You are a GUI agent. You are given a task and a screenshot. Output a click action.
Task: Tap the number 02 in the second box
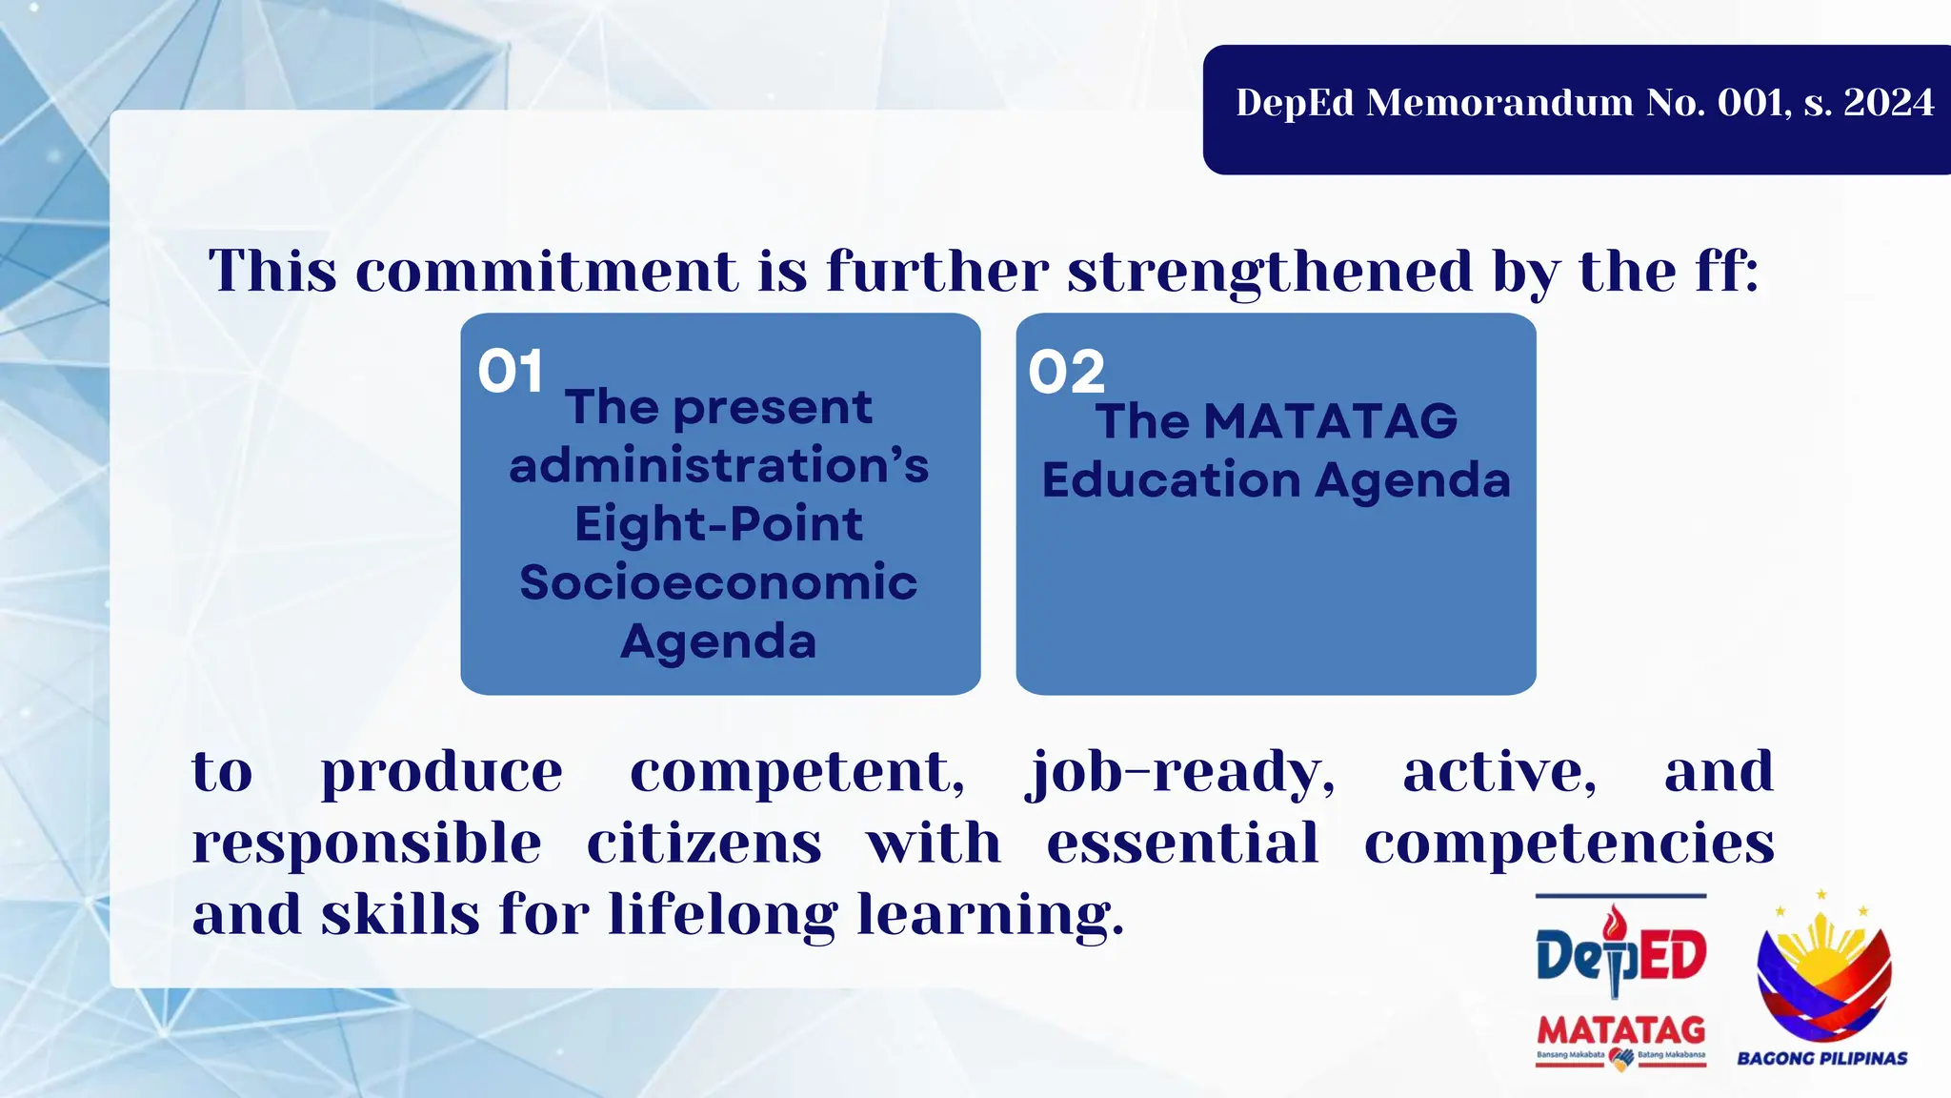point(1066,372)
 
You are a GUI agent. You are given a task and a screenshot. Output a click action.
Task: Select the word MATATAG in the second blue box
point(1330,421)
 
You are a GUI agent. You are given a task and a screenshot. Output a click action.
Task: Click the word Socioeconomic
point(718,582)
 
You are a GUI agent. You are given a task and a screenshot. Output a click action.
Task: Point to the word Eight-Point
point(718,524)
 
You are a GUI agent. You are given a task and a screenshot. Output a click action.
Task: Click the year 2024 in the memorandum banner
point(1888,103)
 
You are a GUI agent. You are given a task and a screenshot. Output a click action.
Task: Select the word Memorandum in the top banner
point(1499,103)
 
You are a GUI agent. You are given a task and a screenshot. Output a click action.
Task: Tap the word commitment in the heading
point(546,271)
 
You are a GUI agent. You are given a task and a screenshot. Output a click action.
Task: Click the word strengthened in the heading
point(1271,273)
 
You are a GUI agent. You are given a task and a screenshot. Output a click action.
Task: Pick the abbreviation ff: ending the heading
point(1725,271)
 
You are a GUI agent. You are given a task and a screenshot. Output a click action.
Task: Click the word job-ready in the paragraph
point(1179,772)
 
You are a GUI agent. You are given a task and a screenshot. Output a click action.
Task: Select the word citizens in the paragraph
point(703,844)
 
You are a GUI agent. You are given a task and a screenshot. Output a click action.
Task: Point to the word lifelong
point(723,916)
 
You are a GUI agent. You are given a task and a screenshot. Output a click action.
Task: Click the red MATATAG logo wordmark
point(1620,1030)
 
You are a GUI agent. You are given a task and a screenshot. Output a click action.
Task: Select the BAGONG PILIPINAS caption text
point(1821,1058)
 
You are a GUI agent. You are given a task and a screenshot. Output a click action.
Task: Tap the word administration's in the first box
point(718,466)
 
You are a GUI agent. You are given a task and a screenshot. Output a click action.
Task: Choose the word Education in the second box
point(1171,480)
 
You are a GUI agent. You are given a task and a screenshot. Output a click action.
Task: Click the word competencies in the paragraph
point(1568,844)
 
